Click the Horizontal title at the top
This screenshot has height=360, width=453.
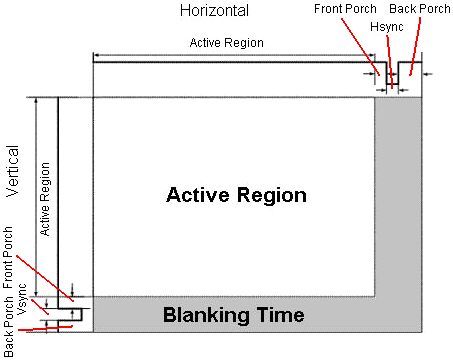pos(214,10)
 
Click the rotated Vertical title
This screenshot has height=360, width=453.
pos(13,171)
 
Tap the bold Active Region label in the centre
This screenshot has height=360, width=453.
pos(236,195)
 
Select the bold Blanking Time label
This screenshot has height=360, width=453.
pos(233,315)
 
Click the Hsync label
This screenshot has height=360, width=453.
pos(387,27)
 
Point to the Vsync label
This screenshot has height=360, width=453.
pos(22,299)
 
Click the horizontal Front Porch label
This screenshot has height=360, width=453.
pos(345,9)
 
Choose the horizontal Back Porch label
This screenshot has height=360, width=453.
pos(420,9)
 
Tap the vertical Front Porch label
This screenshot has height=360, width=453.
pos(8,257)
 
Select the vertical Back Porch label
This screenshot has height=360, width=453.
pos(8,327)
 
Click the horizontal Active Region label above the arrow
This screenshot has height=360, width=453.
pos(227,43)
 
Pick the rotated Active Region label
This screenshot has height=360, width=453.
pos(45,199)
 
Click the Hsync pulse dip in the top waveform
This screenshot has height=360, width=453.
pos(393,83)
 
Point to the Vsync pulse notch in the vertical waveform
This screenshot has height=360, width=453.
pos(81,314)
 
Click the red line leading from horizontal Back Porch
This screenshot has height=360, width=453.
pos(415,46)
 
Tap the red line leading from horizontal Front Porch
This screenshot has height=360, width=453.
pos(360,47)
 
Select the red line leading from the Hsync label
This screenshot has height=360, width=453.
pos(390,62)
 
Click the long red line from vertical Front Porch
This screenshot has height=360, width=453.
pos(45,278)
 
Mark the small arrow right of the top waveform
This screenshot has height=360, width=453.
pos(427,74)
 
